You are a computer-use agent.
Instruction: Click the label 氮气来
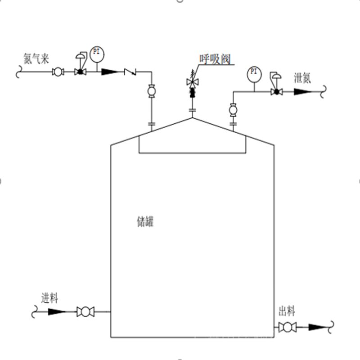coord(36,58)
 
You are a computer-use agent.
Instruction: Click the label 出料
coord(287,311)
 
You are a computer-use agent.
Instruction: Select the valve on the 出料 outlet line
coord(287,327)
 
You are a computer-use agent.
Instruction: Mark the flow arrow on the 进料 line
coord(56,311)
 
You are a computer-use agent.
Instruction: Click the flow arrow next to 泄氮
coord(303,92)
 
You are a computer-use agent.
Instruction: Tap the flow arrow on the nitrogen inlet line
coord(109,72)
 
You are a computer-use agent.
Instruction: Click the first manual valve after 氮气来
coord(58,72)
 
